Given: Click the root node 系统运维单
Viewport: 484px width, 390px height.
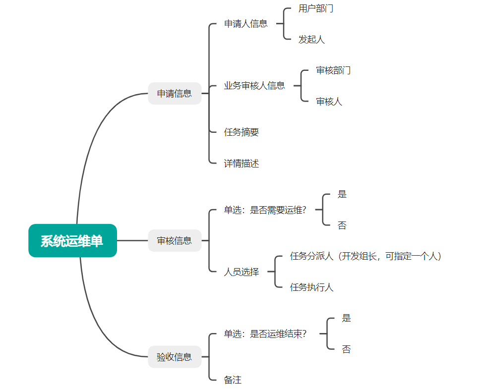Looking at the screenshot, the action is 72,241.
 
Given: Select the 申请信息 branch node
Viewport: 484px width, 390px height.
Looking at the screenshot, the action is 175,93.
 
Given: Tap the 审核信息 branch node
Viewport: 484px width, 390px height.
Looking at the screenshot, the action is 175,241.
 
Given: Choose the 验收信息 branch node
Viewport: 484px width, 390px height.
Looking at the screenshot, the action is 175,357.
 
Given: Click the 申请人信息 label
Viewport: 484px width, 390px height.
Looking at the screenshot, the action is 245,24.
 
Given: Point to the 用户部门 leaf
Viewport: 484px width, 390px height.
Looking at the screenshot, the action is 316,8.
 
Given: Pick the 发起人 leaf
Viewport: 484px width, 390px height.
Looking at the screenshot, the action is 311,40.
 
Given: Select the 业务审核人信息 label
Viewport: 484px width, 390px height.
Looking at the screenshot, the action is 254,85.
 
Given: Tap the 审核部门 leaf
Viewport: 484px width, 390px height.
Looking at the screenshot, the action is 333,70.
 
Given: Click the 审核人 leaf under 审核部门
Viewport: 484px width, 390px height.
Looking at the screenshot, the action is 329,102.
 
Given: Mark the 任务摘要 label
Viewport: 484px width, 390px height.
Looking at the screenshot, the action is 242,132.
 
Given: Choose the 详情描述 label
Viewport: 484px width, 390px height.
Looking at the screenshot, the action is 242,163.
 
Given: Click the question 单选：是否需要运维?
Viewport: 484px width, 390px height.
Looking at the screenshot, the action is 265,210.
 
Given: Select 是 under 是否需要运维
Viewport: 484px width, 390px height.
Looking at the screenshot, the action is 342,194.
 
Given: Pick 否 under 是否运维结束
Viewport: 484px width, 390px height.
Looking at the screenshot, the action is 346,349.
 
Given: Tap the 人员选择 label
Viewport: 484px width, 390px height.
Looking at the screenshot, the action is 242,272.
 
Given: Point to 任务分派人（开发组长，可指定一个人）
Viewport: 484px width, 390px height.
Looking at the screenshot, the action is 366,256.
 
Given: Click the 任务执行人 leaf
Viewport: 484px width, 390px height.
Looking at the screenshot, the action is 311,287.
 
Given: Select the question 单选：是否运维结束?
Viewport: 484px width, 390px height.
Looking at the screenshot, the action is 265,334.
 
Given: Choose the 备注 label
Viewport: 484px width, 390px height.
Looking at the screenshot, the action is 233,380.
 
